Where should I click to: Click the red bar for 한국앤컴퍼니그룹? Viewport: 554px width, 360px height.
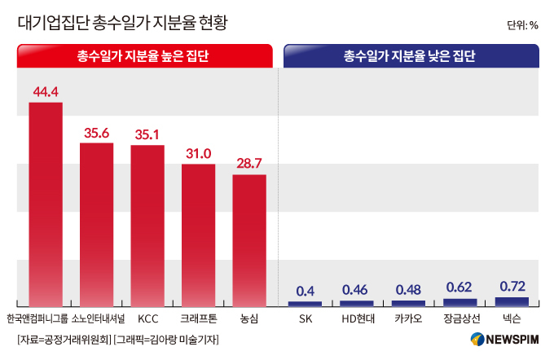(x=46, y=204)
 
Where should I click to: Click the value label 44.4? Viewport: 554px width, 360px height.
(x=46, y=91)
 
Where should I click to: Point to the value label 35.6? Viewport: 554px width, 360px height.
(x=96, y=133)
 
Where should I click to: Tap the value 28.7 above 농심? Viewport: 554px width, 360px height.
(x=249, y=164)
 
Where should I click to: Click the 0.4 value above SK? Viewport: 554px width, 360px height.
(x=306, y=291)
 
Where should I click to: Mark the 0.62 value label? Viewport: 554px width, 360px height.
(x=460, y=288)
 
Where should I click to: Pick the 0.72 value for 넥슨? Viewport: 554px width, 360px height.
(x=512, y=286)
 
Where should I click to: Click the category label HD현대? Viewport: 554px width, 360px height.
(x=357, y=318)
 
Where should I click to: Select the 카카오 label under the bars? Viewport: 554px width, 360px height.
(x=408, y=318)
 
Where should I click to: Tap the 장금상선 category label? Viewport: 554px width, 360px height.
(x=460, y=318)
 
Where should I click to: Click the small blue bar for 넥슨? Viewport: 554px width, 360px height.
(x=512, y=301)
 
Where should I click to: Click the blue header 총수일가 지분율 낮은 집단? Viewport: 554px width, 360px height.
(x=411, y=56)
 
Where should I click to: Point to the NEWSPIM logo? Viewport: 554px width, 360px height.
(x=504, y=340)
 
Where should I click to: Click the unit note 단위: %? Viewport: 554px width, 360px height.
(x=522, y=25)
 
